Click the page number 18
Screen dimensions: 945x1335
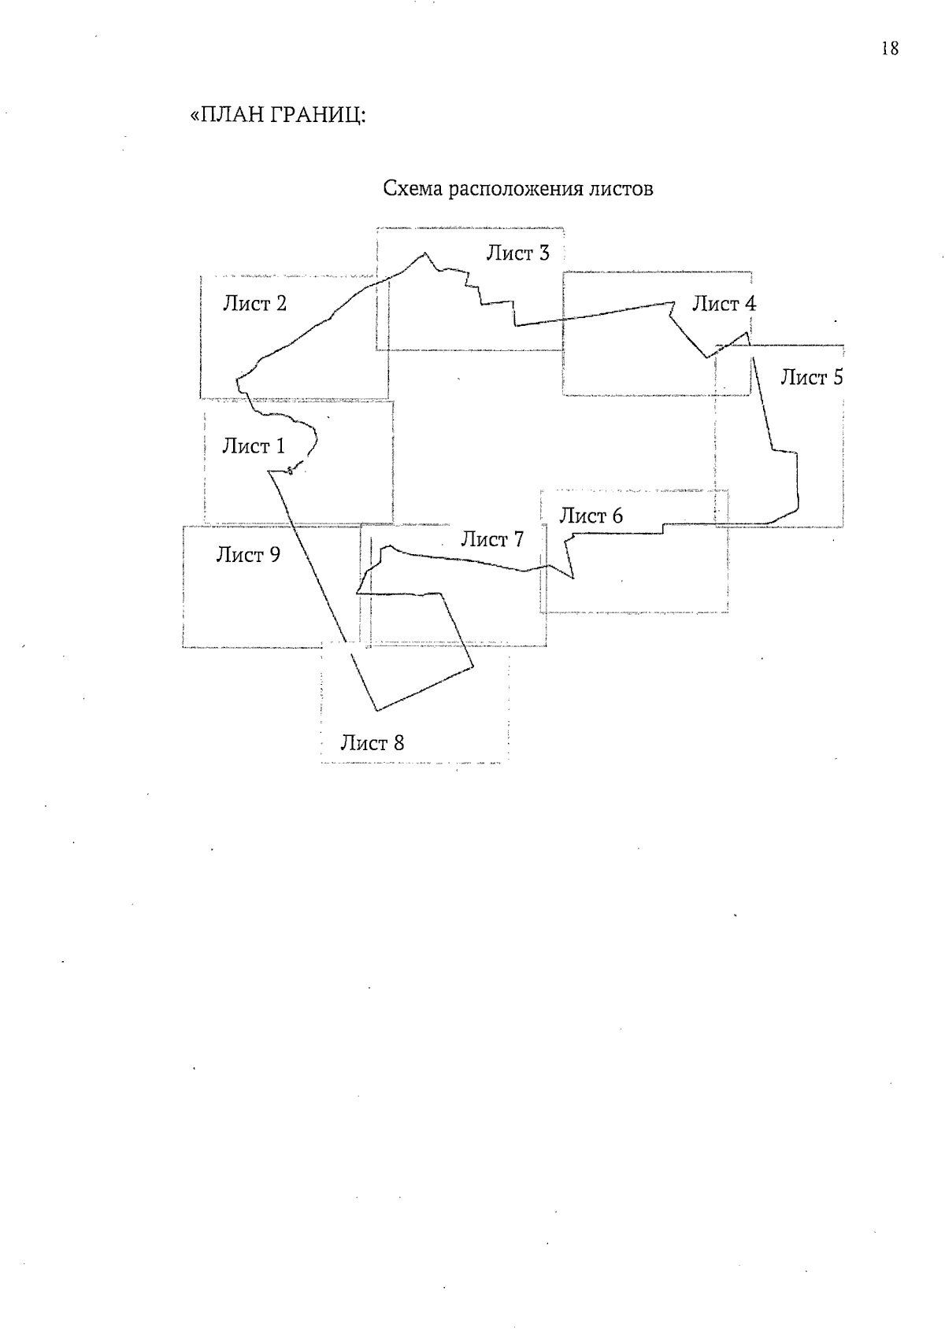pyautogui.click(x=890, y=48)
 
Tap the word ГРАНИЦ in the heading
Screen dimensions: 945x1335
pyautogui.click(x=317, y=114)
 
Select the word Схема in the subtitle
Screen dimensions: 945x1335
pyautogui.click(x=413, y=189)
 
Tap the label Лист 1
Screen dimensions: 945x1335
pyautogui.click(x=254, y=446)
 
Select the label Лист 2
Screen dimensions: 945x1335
pyautogui.click(x=254, y=303)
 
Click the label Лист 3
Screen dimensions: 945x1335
pyautogui.click(x=517, y=253)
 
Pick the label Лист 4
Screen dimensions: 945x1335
pyautogui.click(x=724, y=303)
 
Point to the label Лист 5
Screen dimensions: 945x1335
pyautogui.click(x=812, y=377)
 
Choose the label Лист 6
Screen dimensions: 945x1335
pyautogui.click(x=591, y=516)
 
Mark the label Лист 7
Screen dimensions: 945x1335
pyautogui.click(x=492, y=539)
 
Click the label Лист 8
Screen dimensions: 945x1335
pyautogui.click(x=372, y=742)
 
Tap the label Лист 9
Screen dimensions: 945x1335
pyautogui.click(x=248, y=555)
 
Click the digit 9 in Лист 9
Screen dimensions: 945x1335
pyautogui.click(x=274, y=555)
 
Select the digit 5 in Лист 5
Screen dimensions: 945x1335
pyautogui.click(x=838, y=377)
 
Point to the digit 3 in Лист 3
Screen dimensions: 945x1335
pyautogui.click(x=543, y=253)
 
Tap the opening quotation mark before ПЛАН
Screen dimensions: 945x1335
pyautogui.click(x=195, y=115)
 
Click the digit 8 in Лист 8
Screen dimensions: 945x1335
pyautogui.click(x=398, y=742)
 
